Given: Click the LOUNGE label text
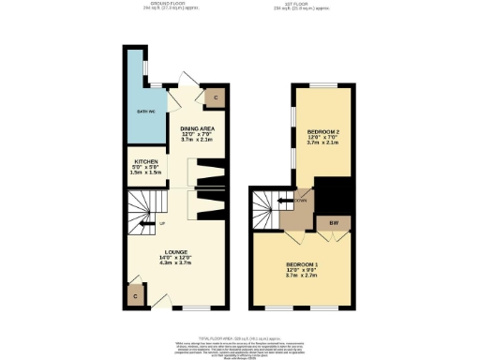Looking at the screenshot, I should point(177,252).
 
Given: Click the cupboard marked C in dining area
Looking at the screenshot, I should point(216,97).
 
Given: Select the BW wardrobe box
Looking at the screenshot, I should point(334,222).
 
